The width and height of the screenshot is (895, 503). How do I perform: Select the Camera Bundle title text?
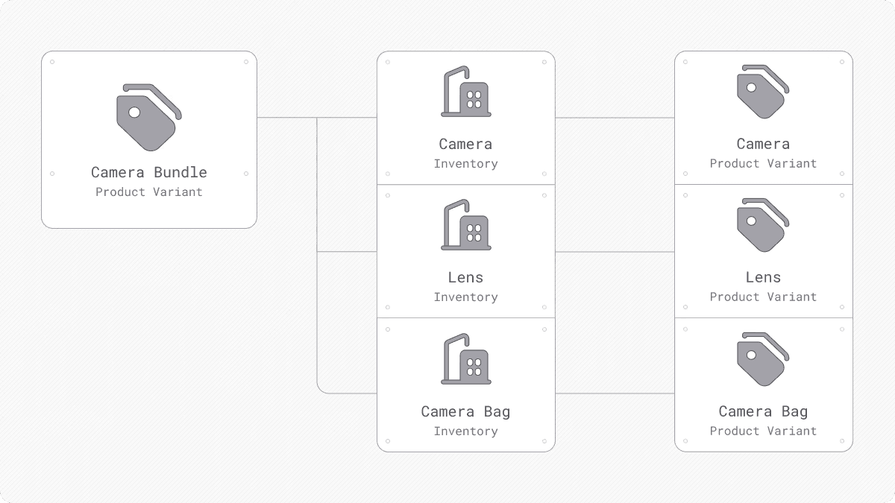149,172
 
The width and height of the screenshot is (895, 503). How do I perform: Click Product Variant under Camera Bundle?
149,192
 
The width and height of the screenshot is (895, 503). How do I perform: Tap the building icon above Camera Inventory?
466,92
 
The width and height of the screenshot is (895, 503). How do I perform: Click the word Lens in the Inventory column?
465,277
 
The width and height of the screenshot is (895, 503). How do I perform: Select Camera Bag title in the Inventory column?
465,411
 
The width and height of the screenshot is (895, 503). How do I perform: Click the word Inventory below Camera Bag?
465,431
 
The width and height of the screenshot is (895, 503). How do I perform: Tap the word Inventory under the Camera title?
465,164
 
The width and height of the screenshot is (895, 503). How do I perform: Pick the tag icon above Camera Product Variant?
763,92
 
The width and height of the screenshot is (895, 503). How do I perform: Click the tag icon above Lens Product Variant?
763,225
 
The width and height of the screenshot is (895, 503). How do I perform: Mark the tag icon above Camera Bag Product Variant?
763,359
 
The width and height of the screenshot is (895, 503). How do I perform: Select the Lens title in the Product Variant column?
763,277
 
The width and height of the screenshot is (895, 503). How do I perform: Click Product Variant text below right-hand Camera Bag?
763,431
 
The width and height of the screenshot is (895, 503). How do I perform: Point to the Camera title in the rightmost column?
763,144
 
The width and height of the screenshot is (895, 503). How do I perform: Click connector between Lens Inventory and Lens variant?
615,252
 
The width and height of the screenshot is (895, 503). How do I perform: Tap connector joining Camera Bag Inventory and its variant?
615,393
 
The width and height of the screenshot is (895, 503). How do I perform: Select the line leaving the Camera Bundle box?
286,118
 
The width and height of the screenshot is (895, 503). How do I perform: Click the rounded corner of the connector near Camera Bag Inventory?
321,390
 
